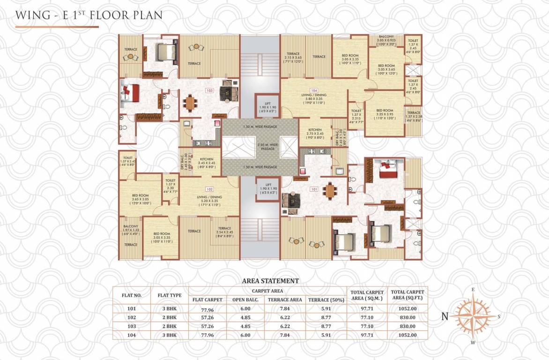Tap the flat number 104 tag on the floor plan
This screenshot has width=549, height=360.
(314, 90)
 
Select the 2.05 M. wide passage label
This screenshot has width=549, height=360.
(260, 147)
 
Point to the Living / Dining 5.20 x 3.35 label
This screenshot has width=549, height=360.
(209, 200)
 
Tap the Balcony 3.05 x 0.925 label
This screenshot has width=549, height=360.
(386, 39)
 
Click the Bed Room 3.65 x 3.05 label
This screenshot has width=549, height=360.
(140, 199)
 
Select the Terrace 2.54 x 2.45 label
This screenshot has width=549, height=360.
(224, 231)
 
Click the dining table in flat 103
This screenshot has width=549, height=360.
(190, 102)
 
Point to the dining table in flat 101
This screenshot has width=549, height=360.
(331, 190)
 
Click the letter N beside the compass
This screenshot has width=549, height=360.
(445, 316)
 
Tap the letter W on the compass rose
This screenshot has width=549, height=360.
(473, 342)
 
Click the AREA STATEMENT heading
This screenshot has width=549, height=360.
(270, 281)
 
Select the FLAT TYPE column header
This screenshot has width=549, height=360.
(169, 295)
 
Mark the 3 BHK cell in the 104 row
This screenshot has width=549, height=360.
(169, 335)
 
